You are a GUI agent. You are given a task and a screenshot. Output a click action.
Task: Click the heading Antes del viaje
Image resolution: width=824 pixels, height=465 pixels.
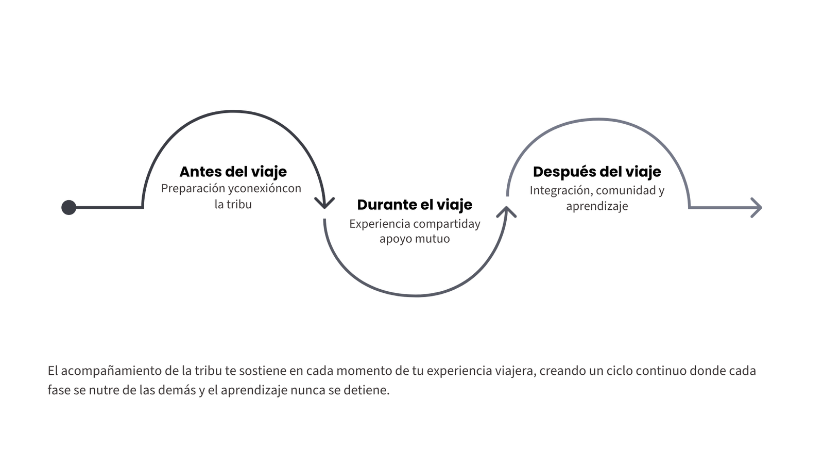coord(233,172)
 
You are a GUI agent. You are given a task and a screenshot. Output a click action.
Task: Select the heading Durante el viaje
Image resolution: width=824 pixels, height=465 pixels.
coord(415,205)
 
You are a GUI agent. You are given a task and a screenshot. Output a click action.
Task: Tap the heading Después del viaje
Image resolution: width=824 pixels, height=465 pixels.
coord(597,172)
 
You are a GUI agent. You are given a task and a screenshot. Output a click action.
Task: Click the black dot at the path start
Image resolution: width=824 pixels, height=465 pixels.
coord(69,207)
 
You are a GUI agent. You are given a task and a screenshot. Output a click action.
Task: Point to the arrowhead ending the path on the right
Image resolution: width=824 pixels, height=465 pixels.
coord(756,208)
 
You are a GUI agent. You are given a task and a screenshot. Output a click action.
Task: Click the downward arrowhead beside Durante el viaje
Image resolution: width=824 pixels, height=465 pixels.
coord(324,203)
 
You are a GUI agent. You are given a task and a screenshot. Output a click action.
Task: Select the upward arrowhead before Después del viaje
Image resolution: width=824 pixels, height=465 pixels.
coord(506,212)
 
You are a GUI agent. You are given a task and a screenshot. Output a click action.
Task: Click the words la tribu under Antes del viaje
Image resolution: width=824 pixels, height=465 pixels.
coord(233,204)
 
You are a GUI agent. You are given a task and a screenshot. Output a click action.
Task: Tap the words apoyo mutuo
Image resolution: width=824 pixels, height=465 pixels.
coord(415,239)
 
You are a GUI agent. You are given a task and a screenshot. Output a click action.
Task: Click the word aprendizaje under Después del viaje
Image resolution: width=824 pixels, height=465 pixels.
coord(597,206)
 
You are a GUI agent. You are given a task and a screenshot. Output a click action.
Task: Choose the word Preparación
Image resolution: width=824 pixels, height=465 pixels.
coord(193,189)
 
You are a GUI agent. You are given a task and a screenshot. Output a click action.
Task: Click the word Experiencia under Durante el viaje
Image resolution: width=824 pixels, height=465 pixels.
coord(380,224)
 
